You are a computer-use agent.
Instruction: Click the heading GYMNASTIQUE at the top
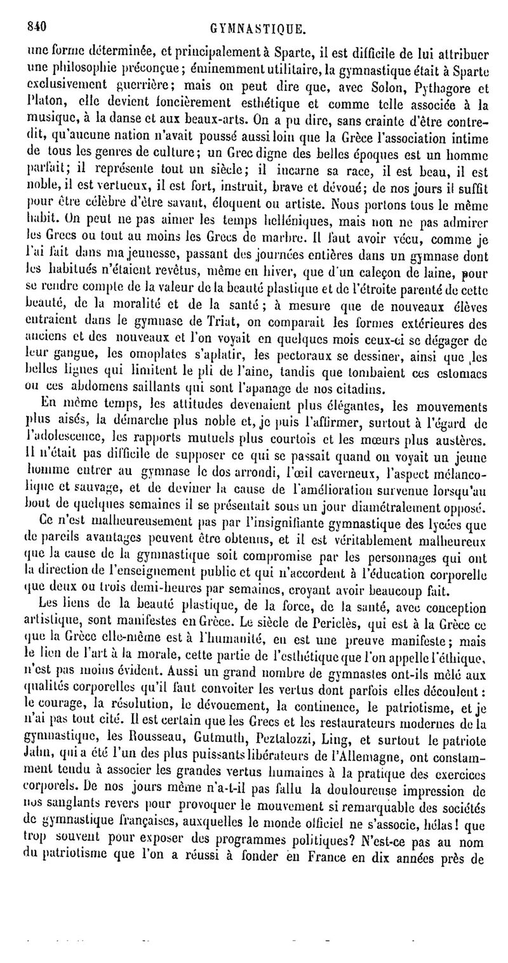(262, 29)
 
